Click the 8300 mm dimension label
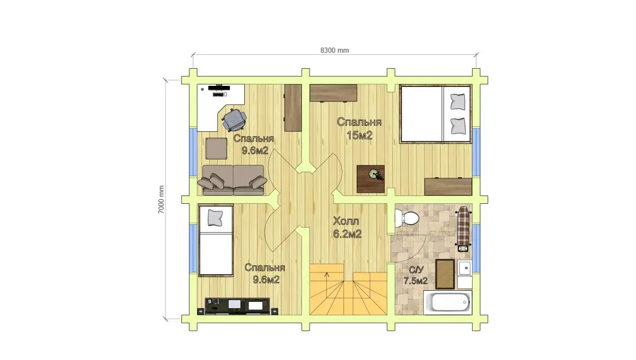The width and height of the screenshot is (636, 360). [x=334, y=50]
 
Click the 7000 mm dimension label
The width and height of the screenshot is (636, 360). [x=161, y=199]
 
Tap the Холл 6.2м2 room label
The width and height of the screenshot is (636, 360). [x=347, y=228]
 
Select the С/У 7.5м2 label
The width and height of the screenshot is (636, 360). [x=416, y=275]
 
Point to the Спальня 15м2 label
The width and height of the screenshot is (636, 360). [x=359, y=128]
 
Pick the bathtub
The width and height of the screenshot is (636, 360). [x=448, y=302]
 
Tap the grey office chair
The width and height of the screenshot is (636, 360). [x=234, y=119]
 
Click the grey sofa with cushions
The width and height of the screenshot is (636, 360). [x=233, y=179]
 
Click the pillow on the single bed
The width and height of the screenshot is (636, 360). [x=215, y=218]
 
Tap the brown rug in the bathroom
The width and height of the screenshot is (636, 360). [x=445, y=274]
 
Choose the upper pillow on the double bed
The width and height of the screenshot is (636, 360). [x=458, y=101]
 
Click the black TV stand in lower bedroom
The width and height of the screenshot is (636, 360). [x=237, y=306]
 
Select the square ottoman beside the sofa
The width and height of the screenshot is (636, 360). [x=216, y=148]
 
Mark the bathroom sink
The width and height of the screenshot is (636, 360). [x=465, y=268]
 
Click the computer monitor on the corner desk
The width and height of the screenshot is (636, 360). [x=219, y=88]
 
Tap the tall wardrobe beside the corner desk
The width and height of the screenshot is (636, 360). [x=293, y=108]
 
